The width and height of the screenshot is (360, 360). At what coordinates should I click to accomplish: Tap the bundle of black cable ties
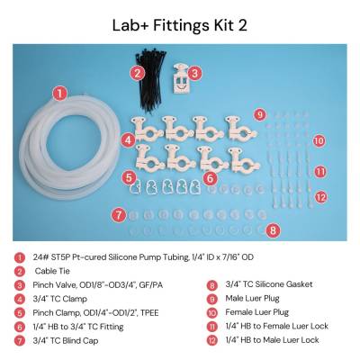coord(151,81)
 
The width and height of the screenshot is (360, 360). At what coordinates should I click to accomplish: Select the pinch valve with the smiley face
coord(181,79)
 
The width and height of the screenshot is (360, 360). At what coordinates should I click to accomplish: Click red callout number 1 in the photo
coord(60,94)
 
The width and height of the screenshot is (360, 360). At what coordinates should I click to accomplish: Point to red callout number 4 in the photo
coord(129,140)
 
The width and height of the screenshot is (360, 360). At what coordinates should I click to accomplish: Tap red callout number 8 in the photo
coord(273,230)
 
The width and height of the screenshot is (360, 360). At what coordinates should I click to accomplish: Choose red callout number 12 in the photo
coord(321,197)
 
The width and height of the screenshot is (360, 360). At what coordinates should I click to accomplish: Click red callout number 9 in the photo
coord(260,114)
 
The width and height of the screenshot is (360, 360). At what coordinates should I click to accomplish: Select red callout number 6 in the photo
coord(210,178)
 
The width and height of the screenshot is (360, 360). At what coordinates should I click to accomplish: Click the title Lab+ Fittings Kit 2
coord(180,25)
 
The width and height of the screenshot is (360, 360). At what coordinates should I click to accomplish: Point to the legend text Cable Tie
coord(52,271)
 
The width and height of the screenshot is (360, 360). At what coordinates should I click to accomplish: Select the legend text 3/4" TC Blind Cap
coord(66,340)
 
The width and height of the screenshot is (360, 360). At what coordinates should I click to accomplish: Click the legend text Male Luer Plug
coord(252,299)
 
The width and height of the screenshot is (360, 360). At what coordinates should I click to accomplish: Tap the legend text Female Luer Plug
coord(257,312)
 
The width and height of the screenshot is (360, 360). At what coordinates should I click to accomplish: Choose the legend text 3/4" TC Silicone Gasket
coord(269,284)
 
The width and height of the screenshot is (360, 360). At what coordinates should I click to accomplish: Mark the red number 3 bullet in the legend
coord(20,285)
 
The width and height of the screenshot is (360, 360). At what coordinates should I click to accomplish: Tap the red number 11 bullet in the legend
coord(212,327)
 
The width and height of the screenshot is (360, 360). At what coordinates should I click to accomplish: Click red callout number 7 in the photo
coord(119,215)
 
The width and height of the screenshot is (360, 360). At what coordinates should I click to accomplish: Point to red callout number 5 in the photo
coord(129,178)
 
